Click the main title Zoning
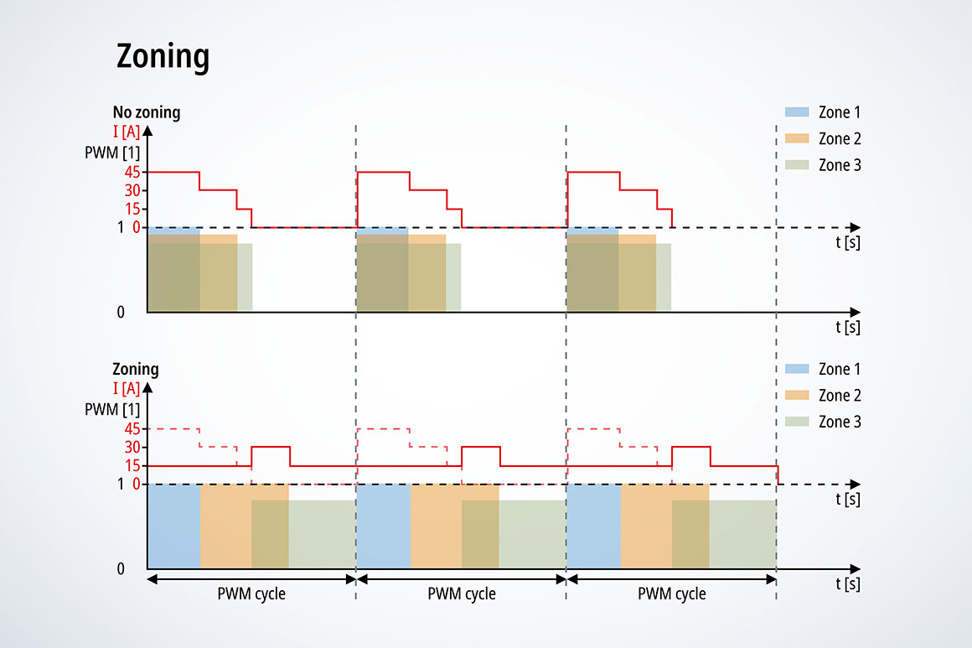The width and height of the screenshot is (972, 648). point(163,56)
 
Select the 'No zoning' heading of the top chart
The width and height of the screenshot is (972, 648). point(147,112)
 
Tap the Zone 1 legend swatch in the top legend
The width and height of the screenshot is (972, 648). point(797,111)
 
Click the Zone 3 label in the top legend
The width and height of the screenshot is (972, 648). point(840,165)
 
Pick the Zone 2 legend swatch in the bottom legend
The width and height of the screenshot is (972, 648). point(797,395)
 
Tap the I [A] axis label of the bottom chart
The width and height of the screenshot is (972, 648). point(126,387)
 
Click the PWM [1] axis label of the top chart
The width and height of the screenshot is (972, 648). point(112,153)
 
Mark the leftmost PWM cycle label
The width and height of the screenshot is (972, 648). point(251,594)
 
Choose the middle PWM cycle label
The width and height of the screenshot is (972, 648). point(462,594)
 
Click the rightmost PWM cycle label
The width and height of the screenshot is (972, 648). point(672,594)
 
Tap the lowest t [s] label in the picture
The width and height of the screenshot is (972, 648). point(847,584)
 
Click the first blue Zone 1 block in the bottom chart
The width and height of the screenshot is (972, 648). point(174,526)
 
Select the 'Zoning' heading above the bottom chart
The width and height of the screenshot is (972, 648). point(136,369)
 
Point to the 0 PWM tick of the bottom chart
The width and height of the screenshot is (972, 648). point(121,568)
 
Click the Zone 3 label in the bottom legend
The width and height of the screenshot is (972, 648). point(840,422)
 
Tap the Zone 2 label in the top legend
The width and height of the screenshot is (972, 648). point(840,138)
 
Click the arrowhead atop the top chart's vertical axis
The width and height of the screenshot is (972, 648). point(147,131)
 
